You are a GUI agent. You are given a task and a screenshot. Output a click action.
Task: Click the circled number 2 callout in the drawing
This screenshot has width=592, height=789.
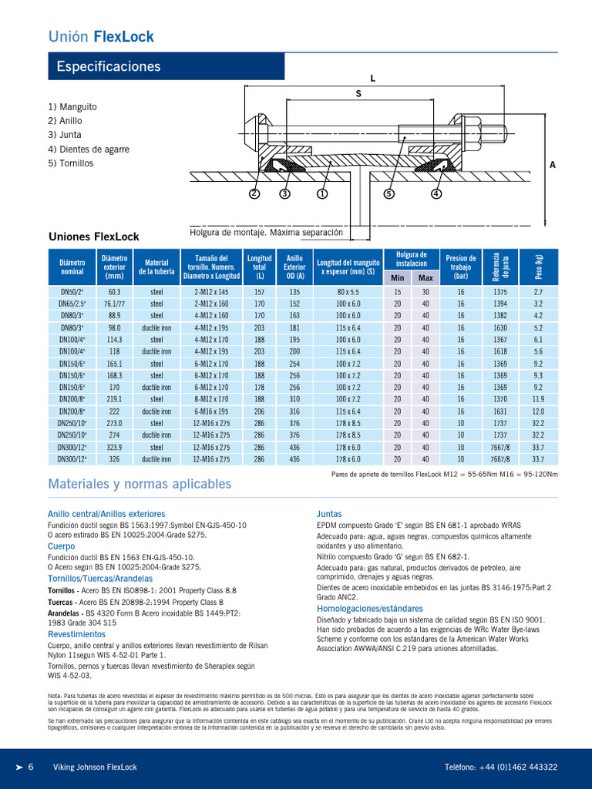pos(254,194)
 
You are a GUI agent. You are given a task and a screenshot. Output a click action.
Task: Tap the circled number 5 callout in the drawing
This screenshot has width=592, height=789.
pos(389,194)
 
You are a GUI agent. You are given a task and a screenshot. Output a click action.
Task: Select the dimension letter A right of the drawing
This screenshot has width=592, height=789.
pos(553,165)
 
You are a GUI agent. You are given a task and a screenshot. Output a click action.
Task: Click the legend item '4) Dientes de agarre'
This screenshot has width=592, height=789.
pos(89,149)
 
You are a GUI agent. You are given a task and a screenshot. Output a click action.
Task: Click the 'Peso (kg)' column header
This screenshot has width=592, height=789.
pos(538,267)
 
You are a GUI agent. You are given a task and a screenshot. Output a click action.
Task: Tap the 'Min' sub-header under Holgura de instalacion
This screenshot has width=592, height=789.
pos(398,277)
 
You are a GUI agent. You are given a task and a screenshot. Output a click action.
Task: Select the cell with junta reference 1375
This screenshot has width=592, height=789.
pos(500,292)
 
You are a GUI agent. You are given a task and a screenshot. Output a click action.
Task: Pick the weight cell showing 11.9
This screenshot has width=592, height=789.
pos(538,399)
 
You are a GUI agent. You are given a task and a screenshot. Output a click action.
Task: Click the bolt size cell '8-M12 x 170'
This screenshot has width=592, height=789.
pos(212,399)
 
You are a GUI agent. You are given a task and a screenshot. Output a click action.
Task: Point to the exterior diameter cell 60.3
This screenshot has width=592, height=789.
pos(115,292)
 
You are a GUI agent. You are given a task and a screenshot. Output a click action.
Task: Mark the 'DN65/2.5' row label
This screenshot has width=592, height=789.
pos(72,304)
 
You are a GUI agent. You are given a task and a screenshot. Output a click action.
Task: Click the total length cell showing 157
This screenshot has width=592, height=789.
pos(259,292)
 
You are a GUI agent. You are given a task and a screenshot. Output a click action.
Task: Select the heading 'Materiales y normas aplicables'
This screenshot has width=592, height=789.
pos(140,484)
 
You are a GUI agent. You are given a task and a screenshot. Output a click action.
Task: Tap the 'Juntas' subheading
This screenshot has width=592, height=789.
pos(329,513)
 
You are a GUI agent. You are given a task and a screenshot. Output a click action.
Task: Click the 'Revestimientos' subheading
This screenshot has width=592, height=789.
pos(76,634)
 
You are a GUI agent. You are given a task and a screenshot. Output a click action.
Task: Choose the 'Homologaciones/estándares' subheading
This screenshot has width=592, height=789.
pos(370,609)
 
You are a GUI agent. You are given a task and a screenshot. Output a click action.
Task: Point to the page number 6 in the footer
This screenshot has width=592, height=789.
pos(31,767)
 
